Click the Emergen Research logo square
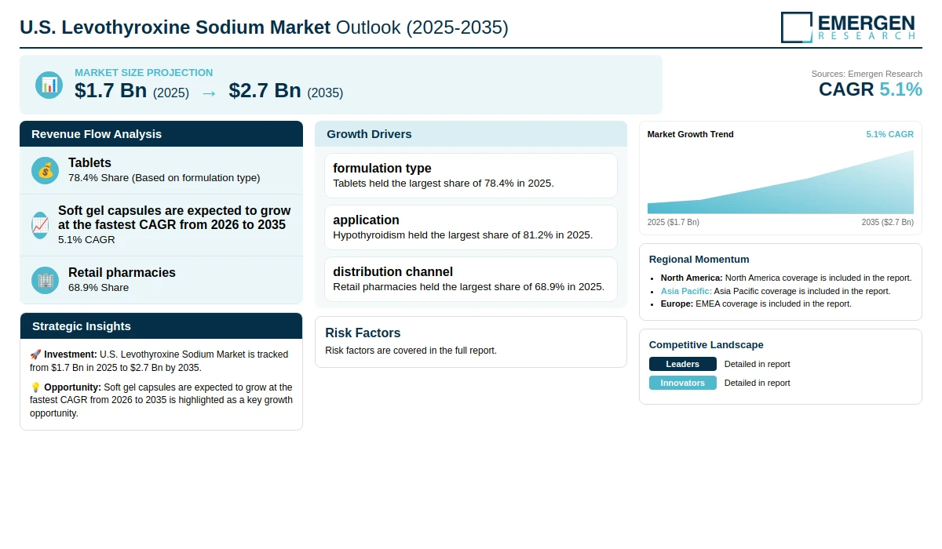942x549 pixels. (797, 27)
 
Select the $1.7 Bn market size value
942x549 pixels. (111, 90)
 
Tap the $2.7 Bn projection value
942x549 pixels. (265, 90)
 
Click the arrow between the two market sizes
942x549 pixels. (209, 93)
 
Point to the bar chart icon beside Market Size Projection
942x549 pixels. (49, 85)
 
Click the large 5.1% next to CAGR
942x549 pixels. (901, 89)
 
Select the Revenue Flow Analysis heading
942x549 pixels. (97, 134)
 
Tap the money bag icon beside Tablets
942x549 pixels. (45, 170)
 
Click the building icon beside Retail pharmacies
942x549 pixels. (45, 280)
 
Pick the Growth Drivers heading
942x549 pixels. (369, 134)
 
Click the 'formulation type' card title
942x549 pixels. (382, 168)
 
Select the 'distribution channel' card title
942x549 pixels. (392, 272)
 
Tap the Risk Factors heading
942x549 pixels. (363, 333)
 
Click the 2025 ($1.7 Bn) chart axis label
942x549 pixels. (674, 222)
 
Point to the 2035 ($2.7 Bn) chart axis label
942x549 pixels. (887, 222)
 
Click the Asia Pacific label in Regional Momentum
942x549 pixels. (686, 291)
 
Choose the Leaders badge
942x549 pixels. (682, 364)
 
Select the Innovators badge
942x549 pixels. (682, 383)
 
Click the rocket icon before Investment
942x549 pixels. (35, 354)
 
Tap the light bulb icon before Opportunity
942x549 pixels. (35, 387)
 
